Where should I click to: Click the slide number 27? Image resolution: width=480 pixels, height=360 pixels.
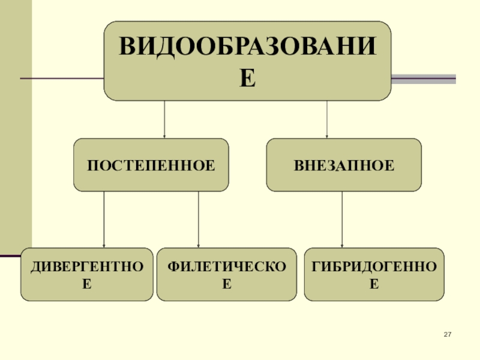pyautogui.click(x=447, y=334)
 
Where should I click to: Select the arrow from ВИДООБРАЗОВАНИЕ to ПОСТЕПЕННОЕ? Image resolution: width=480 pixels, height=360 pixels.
pyautogui.click(x=164, y=119)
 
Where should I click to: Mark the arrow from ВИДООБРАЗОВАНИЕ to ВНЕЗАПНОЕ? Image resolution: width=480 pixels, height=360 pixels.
pyautogui.click(x=326, y=119)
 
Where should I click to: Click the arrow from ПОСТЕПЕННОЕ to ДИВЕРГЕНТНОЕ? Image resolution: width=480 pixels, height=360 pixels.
pyautogui.click(x=104, y=219)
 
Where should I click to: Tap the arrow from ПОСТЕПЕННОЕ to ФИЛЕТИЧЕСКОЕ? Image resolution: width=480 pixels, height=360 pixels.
pyautogui.click(x=199, y=219)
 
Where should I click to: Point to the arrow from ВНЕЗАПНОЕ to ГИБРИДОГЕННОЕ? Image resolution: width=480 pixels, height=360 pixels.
pyautogui.click(x=342, y=219)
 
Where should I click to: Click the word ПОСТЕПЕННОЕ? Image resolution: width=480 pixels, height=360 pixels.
pyautogui.click(x=151, y=164)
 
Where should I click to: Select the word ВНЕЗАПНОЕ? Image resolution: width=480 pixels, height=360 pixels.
pyautogui.click(x=344, y=164)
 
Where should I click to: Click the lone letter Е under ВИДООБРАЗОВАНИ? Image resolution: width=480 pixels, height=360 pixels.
pyautogui.click(x=247, y=78)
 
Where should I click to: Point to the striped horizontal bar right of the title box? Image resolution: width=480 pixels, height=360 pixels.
pyautogui.click(x=424, y=79)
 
